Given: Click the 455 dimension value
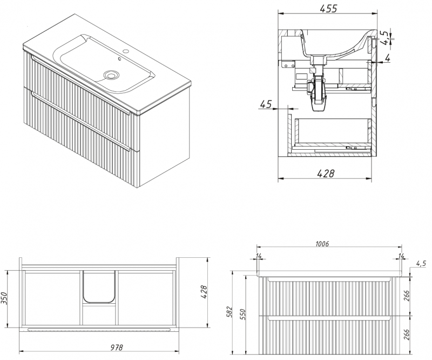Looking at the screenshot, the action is [328, 9].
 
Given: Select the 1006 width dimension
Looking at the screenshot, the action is [322, 244].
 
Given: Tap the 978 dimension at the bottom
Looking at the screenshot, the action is [117, 347].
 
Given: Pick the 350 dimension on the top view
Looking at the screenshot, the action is [4, 298].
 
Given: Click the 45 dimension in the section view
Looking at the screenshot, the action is [266, 104].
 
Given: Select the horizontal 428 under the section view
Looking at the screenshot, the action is [326, 174].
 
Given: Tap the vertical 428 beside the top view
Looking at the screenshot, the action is [204, 292].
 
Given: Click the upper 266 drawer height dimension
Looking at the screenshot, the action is [407, 296].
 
